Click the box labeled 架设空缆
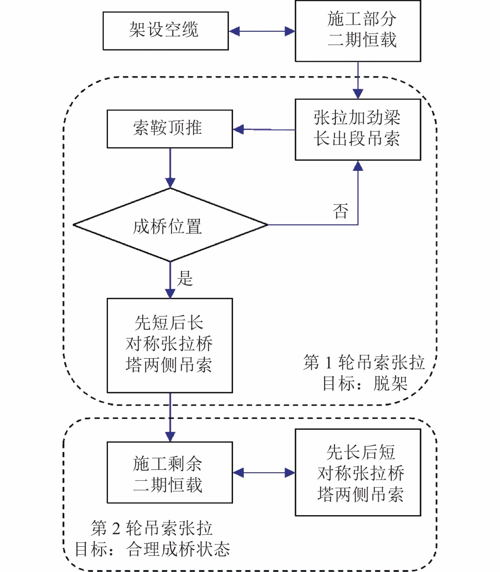165,31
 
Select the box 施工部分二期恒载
358,31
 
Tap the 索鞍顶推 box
170,129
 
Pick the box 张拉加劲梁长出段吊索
358,129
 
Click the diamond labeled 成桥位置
170,225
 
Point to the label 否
340,211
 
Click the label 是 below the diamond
185,278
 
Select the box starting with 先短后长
170,345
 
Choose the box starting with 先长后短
358,472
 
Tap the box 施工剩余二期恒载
170,472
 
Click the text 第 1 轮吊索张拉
364,363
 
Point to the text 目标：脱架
365,384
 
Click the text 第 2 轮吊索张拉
152,528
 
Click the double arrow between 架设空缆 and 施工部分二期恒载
262,31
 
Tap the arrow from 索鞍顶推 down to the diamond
170,168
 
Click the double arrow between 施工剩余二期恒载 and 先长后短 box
264,473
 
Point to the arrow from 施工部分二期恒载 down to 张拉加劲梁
358,80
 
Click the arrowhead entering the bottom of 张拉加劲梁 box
358,166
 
